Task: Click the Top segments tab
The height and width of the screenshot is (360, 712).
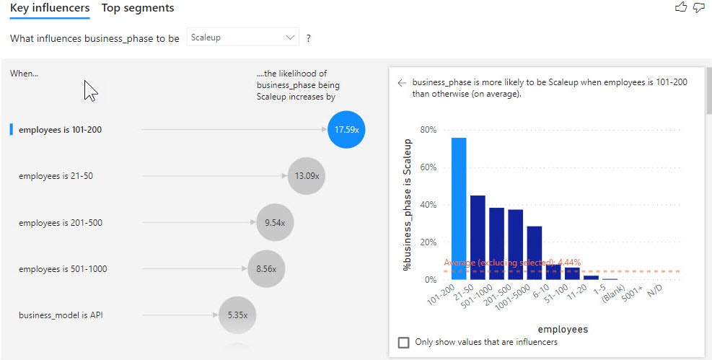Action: coord(138,8)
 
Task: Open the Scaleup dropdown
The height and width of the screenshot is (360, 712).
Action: coord(243,38)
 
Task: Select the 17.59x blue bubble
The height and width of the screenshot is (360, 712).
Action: coord(346,129)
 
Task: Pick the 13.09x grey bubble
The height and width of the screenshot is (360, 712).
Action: coord(307,176)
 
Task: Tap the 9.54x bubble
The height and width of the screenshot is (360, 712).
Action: coord(275,222)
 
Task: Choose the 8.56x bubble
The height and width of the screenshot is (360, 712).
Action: coord(266,269)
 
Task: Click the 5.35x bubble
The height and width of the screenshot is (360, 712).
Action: coord(237,315)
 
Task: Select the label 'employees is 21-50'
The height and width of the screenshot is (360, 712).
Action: coord(56,176)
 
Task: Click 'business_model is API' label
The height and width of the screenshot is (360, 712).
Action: coord(61,315)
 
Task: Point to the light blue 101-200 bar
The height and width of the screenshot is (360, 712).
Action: coord(459,208)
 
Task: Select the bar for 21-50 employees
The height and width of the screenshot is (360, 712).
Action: coord(478,237)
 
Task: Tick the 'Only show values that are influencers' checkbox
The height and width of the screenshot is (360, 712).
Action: coord(404,342)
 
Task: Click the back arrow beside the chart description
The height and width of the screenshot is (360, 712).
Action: coord(401,83)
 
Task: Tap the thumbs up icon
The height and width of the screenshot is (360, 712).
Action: coord(681,6)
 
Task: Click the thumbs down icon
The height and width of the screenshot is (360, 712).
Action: coord(699,7)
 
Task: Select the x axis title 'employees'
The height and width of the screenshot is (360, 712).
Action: coord(563,329)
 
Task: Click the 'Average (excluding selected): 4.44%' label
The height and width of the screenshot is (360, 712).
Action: coord(512,263)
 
